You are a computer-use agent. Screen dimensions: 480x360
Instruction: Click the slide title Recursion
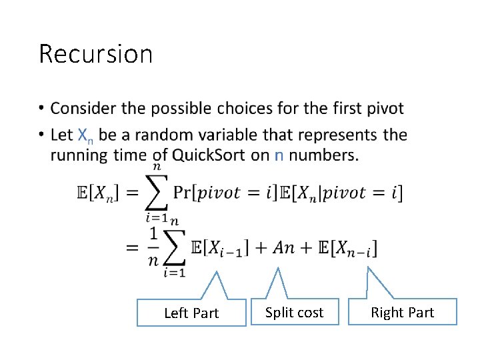96,54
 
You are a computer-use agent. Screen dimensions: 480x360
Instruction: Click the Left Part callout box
191,313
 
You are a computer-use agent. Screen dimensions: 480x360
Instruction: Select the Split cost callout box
294,312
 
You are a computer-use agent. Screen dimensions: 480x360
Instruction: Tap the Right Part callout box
402,312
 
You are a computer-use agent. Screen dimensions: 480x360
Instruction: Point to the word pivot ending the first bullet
385,108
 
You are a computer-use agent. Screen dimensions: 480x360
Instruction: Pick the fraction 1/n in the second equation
153,247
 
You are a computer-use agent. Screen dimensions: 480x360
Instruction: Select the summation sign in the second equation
175,247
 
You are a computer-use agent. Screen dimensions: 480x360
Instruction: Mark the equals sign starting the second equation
131,247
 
